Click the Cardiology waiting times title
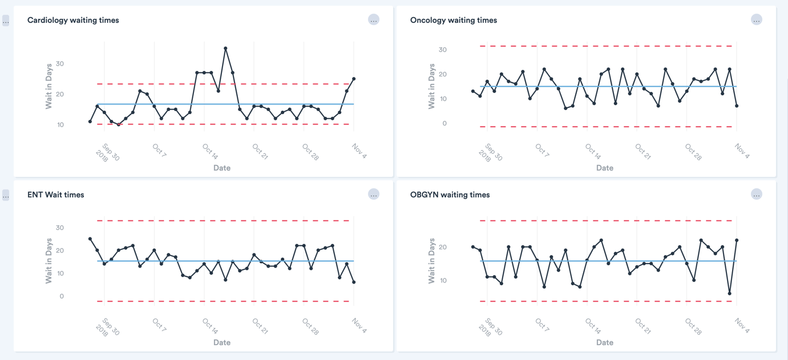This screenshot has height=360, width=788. [x=73, y=20]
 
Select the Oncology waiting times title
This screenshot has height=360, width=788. [x=454, y=20]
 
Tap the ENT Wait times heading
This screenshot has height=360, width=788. [x=55, y=195]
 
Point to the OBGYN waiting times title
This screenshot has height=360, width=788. [x=450, y=195]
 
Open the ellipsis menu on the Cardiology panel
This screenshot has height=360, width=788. [x=374, y=20]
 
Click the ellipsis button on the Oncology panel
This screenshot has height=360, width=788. [x=756, y=20]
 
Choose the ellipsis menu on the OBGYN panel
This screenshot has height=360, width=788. [x=756, y=195]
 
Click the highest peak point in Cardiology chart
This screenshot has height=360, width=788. [x=225, y=48]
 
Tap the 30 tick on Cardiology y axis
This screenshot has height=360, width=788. [x=60, y=64]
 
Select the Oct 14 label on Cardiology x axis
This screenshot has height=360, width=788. [x=210, y=152]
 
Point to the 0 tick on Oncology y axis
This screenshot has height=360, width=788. [x=444, y=123]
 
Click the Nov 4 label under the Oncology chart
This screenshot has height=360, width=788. [x=742, y=151]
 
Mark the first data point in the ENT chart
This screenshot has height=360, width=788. [x=90, y=239]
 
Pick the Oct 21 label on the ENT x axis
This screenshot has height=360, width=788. [x=260, y=326]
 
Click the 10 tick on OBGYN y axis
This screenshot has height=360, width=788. [x=442, y=281]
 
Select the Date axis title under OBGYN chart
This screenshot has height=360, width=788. [x=605, y=342]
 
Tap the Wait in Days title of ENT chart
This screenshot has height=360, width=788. [x=49, y=261]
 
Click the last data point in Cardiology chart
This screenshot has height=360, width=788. [x=354, y=79]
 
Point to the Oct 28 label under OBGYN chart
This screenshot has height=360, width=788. [x=693, y=326]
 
